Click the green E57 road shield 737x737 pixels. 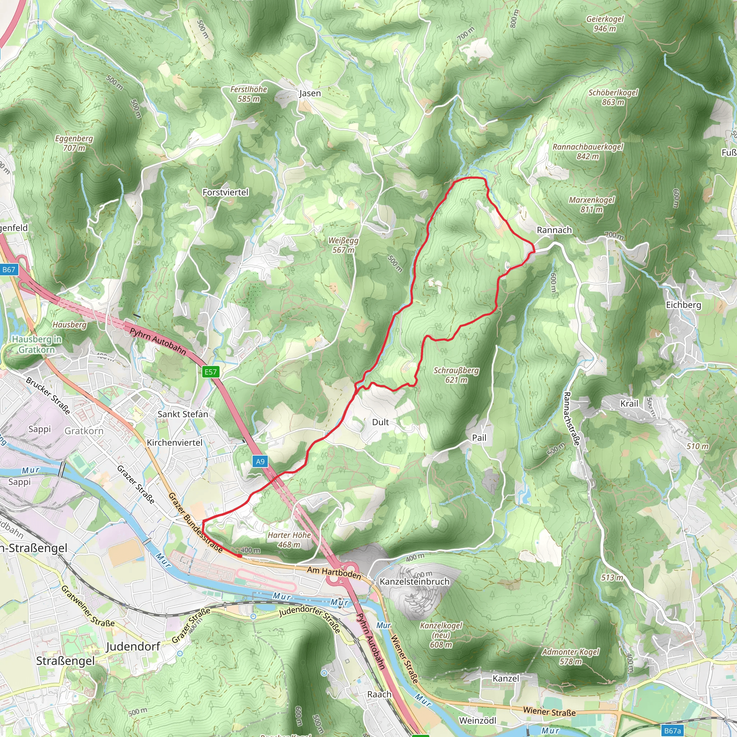tap(211, 372)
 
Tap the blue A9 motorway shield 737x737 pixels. tap(260, 462)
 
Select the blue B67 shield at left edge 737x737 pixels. tap(9, 270)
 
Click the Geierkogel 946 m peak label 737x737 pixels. tap(605, 24)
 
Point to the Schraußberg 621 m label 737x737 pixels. tap(456, 375)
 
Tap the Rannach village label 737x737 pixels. tap(554, 230)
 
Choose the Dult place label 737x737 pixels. tap(380, 422)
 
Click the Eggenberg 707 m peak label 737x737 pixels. tap(74, 143)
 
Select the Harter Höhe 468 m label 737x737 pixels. tap(289, 540)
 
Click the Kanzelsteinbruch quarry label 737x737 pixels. tap(415, 582)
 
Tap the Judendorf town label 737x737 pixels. tap(133, 647)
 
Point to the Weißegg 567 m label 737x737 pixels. tap(343, 245)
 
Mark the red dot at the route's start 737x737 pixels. tap(240, 556)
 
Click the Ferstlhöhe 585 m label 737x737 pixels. tap(249, 94)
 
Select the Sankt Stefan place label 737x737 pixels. tap(183, 414)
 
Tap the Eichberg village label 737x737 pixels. tap(684, 305)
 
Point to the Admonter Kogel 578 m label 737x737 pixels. tap(571, 656)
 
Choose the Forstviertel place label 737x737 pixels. tap(225, 192)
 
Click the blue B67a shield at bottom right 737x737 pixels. tap(672, 731)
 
